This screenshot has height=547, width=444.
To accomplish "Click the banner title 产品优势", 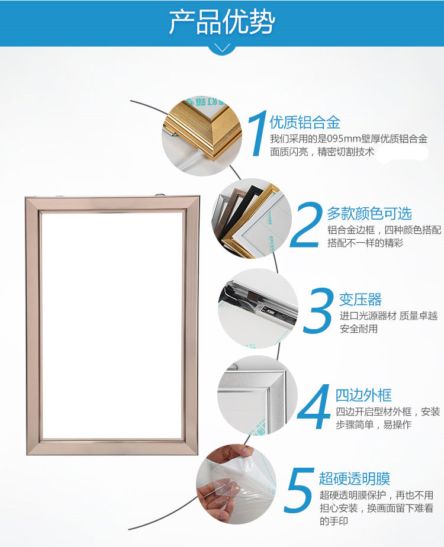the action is (x=222, y=22).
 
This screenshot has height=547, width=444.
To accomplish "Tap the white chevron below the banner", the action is (x=222, y=47).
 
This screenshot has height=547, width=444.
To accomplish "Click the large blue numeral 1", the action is (x=257, y=133).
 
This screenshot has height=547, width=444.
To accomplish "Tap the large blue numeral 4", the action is (x=315, y=407).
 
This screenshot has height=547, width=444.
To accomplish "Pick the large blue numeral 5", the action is (x=299, y=490).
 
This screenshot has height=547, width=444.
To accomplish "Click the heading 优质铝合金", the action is (x=305, y=123).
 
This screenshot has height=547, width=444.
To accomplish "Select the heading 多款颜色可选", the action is (x=369, y=214).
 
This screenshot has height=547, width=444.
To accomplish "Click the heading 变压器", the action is (x=361, y=300).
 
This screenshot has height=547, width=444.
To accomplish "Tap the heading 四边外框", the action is (x=363, y=395).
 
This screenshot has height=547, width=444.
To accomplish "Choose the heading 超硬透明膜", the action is (x=355, y=478).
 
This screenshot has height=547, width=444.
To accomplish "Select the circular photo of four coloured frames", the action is (x=252, y=218).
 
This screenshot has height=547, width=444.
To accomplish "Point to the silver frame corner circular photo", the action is (x=258, y=395).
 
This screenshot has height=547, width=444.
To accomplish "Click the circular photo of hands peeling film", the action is (x=236, y=485).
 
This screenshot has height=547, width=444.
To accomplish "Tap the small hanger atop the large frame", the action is (x=160, y=194).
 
